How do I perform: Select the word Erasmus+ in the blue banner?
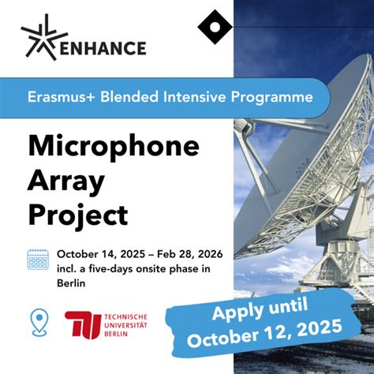(61, 98)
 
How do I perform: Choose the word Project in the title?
(77, 215)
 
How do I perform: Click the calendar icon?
(38, 260)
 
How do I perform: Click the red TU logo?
(81, 324)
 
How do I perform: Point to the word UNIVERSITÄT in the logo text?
(125, 324)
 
